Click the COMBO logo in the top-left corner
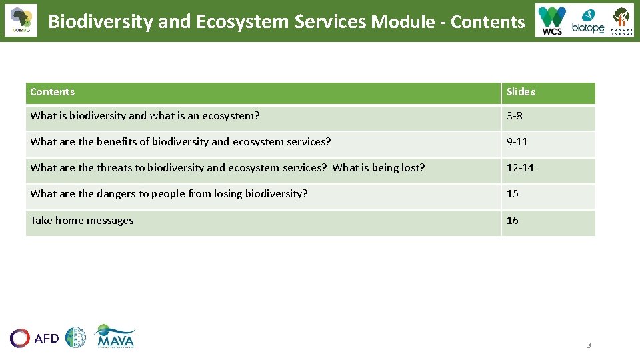tap(21, 21)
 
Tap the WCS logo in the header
tap(552, 21)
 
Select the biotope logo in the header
tap(587, 21)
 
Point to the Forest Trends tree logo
tap(621, 21)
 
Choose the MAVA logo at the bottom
tap(115, 337)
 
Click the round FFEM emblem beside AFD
tap(75, 338)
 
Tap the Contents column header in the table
tap(53, 92)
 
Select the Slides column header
tap(521, 92)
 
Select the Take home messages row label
tap(82, 221)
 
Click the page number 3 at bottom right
tap(589, 345)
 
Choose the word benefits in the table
tap(117, 142)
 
